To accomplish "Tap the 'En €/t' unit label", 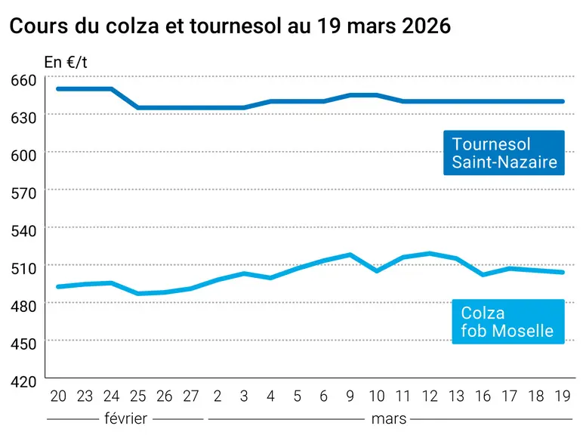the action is click(66, 63).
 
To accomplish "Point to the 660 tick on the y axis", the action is click(23, 80).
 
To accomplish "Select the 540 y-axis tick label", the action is click(23, 231).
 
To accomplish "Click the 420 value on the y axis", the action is click(23, 382).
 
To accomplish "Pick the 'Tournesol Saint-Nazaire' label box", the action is click(504, 153).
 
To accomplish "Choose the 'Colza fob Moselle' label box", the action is click(508, 322).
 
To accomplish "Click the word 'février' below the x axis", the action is click(125, 418).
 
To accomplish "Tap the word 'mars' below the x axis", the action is click(389, 419).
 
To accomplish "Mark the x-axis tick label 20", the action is click(58, 396).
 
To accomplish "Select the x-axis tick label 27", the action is click(191, 396).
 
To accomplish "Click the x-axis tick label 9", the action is click(350, 396).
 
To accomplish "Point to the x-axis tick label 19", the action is click(562, 396).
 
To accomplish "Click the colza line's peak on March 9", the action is click(350, 255).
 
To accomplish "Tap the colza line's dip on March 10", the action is click(377, 271).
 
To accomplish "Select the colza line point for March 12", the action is click(430, 254).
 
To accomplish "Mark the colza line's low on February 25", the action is click(138, 294).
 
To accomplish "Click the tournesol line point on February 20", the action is click(58, 89).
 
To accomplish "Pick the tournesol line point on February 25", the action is click(138, 108).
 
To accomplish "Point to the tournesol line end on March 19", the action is click(563, 101).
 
